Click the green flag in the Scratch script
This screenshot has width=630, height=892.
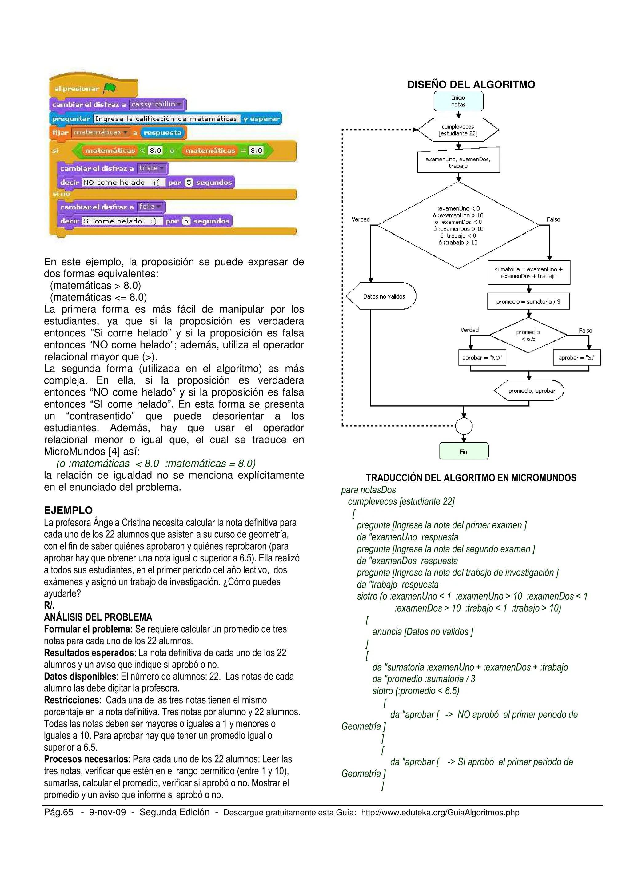pyautogui.click(x=110, y=89)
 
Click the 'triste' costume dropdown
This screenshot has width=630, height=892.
pyautogui.click(x=152, y=168)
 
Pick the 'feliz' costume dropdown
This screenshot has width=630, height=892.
pyautogui.click(x=150, y=207)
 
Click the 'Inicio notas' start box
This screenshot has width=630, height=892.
pyautogui.click(x=458, y=101)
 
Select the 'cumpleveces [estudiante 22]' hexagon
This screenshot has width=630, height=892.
pyautogui.click(x=458, y=130)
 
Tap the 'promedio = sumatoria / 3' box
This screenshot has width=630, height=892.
pyautogui.click(x=528, y=301)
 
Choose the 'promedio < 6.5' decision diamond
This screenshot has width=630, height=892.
pyautogui.click(x=528, y=335)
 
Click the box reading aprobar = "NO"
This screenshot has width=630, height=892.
pyautogui.click(x=482, y=358)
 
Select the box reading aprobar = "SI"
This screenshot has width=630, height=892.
pyautogui.click(x=576, y=358)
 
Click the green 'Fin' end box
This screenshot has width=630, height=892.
pyautogui.click(x=464, y=452)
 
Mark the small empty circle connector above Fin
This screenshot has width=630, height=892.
pyautogui.click(x=464, y=426)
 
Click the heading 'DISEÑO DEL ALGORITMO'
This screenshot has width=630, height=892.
pyautogui.click(x=471, y=85)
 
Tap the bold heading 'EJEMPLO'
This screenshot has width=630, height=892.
pyautogui.click(x=68, y=510)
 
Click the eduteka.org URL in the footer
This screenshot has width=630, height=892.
pyautogui.click(x=440, y=812)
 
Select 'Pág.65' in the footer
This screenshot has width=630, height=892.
pyautogui.click(x=59, y=812)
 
